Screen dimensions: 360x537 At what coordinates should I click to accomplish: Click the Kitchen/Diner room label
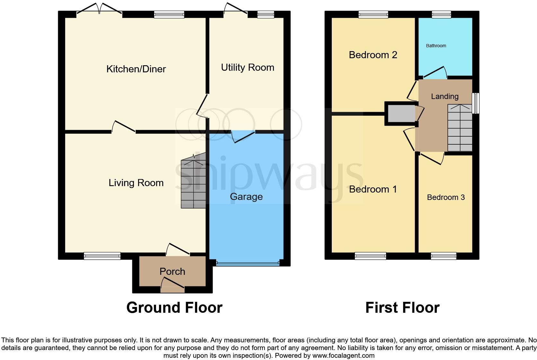[x=136, y=69]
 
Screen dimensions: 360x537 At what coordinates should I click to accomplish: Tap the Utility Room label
[x=247, y=67]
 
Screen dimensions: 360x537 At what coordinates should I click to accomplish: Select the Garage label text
[x=246, y=197]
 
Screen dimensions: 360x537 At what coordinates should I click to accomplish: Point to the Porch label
[x=172, y=272]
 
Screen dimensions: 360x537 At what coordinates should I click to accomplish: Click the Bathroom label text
[x=436, y=46]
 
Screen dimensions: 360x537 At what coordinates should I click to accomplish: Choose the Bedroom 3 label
[x=445, y=197]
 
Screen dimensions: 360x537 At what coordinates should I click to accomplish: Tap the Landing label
[x=445, y=96]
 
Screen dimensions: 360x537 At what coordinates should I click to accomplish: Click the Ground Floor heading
[x=174, y=308]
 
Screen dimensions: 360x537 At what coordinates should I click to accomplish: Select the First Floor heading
[x=402, y=308]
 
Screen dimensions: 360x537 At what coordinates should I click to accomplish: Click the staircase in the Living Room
[x=193, y=183]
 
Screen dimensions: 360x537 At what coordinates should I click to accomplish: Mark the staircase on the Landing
[x=460, y=129]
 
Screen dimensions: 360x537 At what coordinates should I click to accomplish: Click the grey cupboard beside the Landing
[x=401, y=113]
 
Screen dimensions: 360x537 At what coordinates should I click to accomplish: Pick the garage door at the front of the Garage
[x=247, y=263]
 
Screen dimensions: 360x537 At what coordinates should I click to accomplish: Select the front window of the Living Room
[x=102, y=256]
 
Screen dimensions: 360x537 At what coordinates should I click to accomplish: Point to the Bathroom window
[x=441, y=14]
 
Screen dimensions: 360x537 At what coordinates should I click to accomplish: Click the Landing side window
[x=475, y=103]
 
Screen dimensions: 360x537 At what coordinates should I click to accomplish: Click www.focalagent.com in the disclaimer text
[x=343, y=355]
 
